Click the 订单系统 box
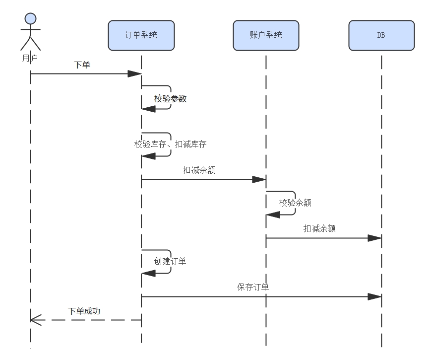click(x=141, y=35)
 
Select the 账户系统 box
click(x=266, y=35)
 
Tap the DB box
click(x=381, y=35)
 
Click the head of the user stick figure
click(x=31, y=19)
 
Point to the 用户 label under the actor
click(x=30, y=58)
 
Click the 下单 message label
click(x=82, y=65)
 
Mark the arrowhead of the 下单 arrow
click(x=135, y=74)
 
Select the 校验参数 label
click(x=170, y=99)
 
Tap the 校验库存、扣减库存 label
click(x=170, y=144)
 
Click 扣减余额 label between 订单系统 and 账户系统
click(x=199, y=170)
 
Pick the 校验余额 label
click(x=295, y=203)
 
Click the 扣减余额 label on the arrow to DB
click(x=319, y=229)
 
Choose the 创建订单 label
click(x=170, y=261)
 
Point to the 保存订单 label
click(x=253, y=288)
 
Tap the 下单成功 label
click(x=84, y=311)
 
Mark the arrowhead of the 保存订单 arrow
click(x=374, y=297)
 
